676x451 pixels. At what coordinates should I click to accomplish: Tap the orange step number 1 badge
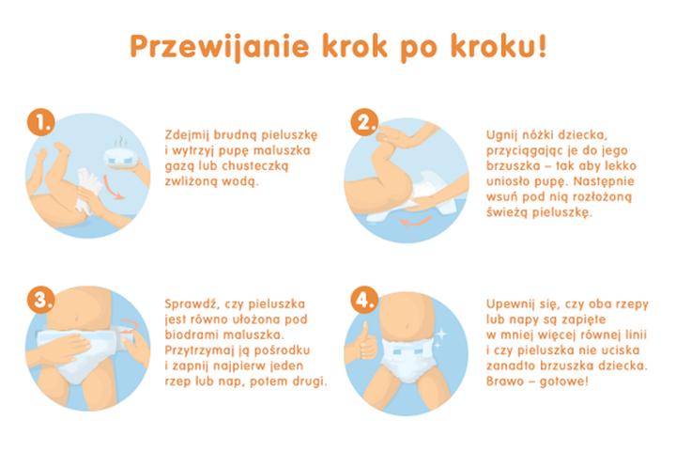click(38, 123)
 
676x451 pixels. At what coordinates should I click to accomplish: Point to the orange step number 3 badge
click(38, 302)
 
